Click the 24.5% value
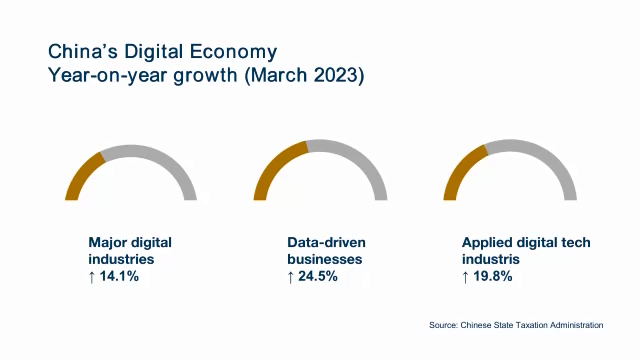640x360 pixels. [x=317, y=277]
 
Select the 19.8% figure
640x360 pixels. [x=492, y=277]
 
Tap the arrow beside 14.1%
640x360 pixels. [x=93, y=277]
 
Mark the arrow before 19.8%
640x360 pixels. [x=466, y=277]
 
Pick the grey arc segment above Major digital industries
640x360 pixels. [x=160, y=158]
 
